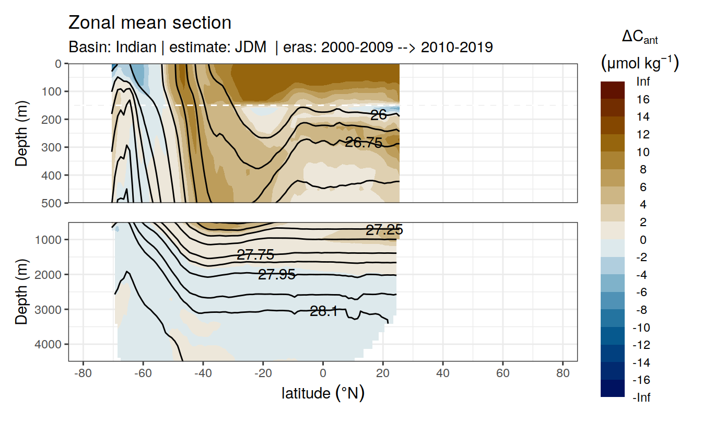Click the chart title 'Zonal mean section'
coord(149,23)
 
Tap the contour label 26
coord(378,115)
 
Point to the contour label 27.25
coord(384,230)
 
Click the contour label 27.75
coord(255,255)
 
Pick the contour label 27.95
coord(277,274)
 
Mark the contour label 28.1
coord(323,312)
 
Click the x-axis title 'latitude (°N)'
coord(323,393)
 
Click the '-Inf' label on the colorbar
coord(641,397)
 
